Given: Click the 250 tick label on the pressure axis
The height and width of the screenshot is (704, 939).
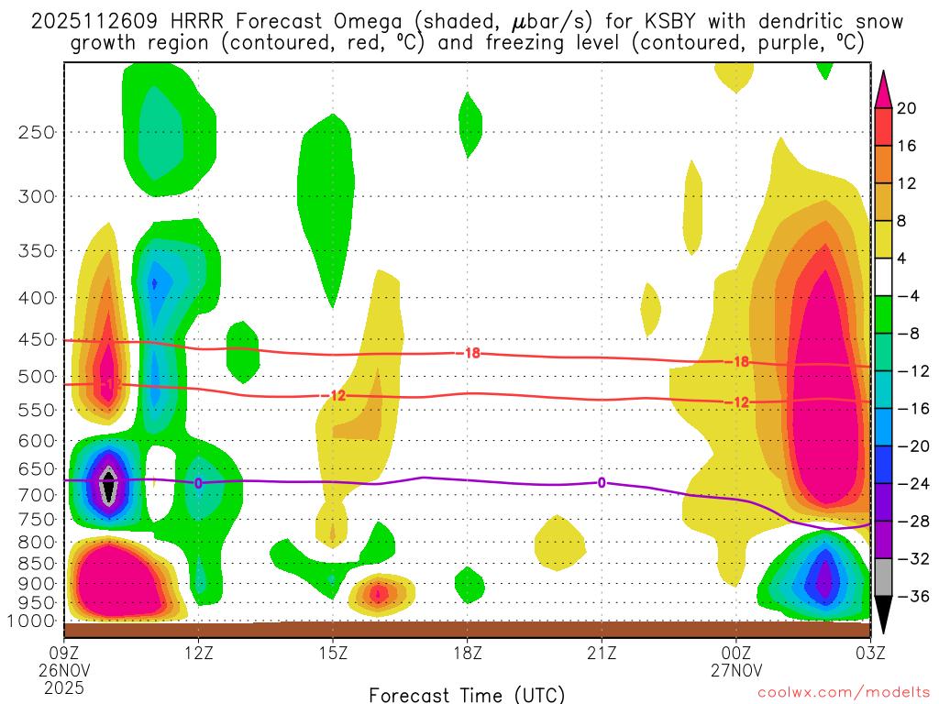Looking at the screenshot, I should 37,132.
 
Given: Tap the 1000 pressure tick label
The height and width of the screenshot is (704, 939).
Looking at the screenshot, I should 33,621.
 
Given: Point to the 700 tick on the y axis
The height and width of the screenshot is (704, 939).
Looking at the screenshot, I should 37,495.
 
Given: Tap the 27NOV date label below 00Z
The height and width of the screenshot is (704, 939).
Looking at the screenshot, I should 737,669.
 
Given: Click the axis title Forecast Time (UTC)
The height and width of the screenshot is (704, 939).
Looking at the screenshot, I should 467,694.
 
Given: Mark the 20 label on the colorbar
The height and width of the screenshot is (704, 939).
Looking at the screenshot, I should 907,108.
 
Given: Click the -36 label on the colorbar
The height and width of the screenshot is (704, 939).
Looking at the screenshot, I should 910,596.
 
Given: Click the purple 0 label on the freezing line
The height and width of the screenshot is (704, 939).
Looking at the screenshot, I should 602,482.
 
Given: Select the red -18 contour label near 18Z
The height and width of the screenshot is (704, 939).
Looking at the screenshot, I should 471,353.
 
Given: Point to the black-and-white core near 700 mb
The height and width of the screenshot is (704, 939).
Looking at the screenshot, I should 109,485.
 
